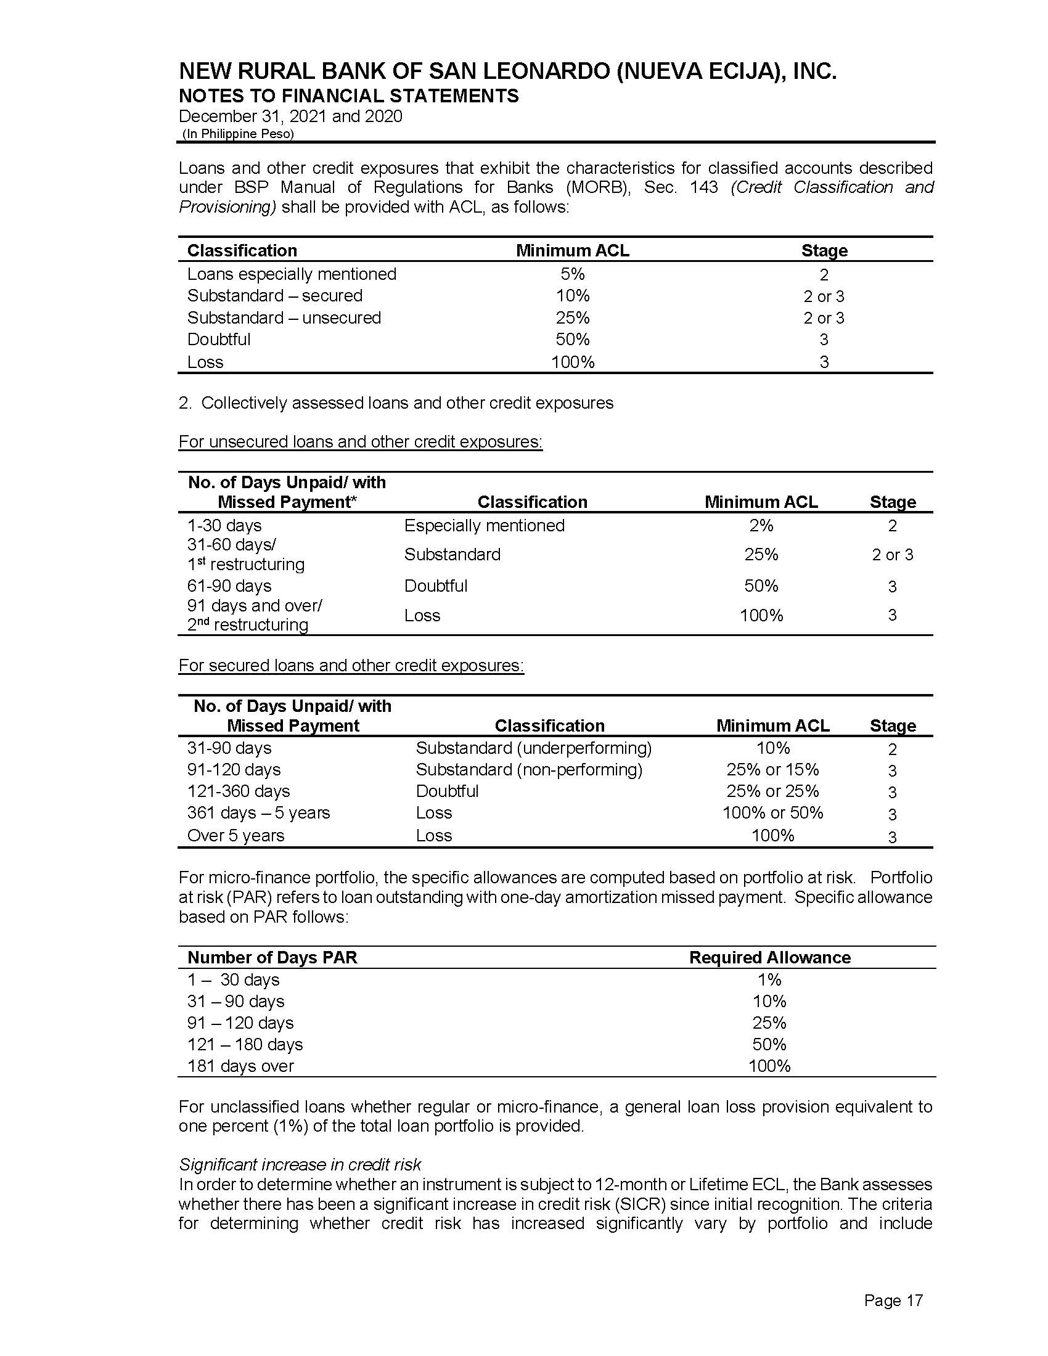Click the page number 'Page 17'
[x=893, y=1300]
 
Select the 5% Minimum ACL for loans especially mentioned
[x=572, y=274]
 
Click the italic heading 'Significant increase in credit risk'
[x=300, y=1164]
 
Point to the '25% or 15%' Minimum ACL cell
[x=772, y=769]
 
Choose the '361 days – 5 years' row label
[x=258, y=812]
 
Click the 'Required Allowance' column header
[x=769, y=957]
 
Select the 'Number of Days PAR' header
[x=272, y=957]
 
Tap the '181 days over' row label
[x=240, y=1066]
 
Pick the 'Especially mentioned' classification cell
[x=484, y=525]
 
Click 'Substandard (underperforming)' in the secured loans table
[x=533, y=748]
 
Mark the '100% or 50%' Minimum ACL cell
[x=772, y=812]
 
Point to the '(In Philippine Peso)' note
[x=238, y=134]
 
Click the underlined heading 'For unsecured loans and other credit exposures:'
[x=360, y=441]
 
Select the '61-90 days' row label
[x=229, y=586]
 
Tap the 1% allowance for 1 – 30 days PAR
[x=769, y=979]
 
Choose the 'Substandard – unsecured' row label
[x=284, y=317]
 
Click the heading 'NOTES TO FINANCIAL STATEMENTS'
[x=348, y=96]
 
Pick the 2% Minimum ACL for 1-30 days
[x=761, y=525]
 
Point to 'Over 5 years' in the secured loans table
[x=235, y=835]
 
